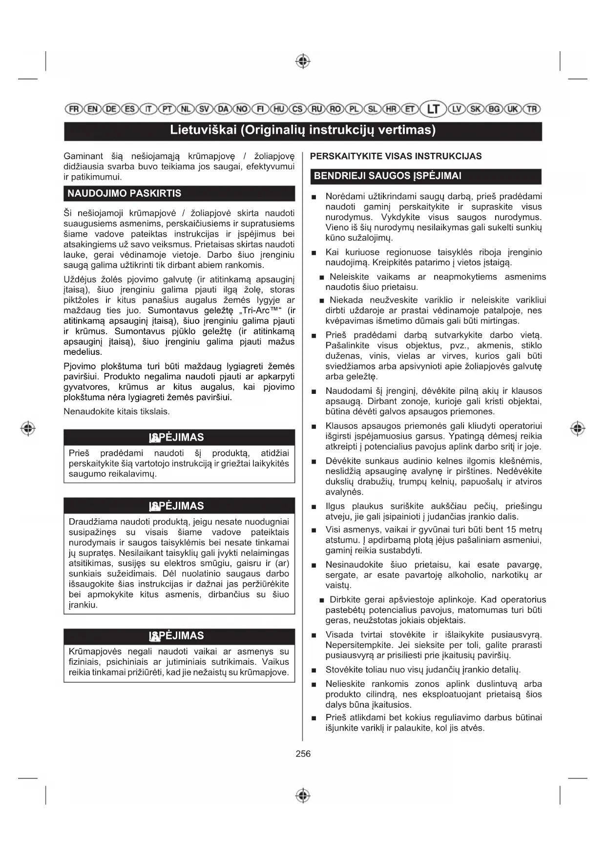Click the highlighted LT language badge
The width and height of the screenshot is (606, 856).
coord(433,109)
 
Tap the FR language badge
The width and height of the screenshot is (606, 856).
coord(74,109)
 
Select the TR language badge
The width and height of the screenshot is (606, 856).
coord(532,109)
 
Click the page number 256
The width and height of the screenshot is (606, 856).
coord(303,754)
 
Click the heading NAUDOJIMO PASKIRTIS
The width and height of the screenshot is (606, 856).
coord(124,193)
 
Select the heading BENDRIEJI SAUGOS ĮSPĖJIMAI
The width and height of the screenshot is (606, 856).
coord(387,176)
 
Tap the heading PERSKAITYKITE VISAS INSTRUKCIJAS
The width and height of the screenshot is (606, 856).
coord(396,156)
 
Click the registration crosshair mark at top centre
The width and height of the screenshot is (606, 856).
coord(303,61)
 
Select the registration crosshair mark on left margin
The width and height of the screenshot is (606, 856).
coord(28,428)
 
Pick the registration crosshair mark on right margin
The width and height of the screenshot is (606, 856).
coord(578,428)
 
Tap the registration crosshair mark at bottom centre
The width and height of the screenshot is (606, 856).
coord(303,795)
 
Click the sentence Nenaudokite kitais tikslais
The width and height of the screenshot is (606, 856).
coord(117,411)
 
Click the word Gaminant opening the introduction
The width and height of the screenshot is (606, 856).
coord(83,156)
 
